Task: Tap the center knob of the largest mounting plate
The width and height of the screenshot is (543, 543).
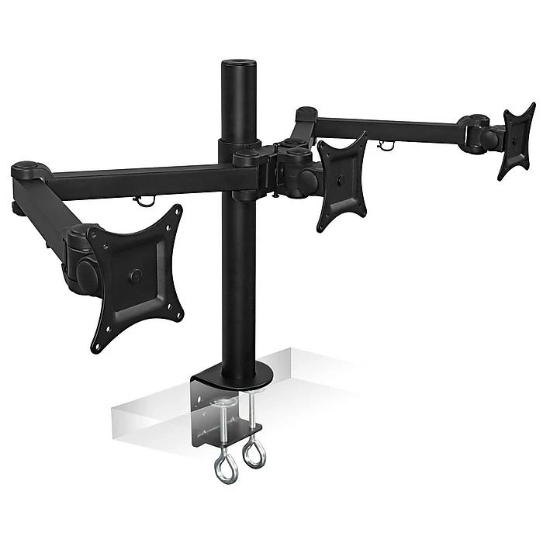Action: [137, 275]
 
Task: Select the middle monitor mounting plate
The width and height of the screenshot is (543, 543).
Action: [341, 180]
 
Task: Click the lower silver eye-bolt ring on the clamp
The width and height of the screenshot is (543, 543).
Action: [225, 470]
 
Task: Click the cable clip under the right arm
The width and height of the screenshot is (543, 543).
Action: [385, 144]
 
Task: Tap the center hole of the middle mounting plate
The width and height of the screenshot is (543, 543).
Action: [341, 182]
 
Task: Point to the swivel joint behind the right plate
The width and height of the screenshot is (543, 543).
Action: [489, 140]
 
